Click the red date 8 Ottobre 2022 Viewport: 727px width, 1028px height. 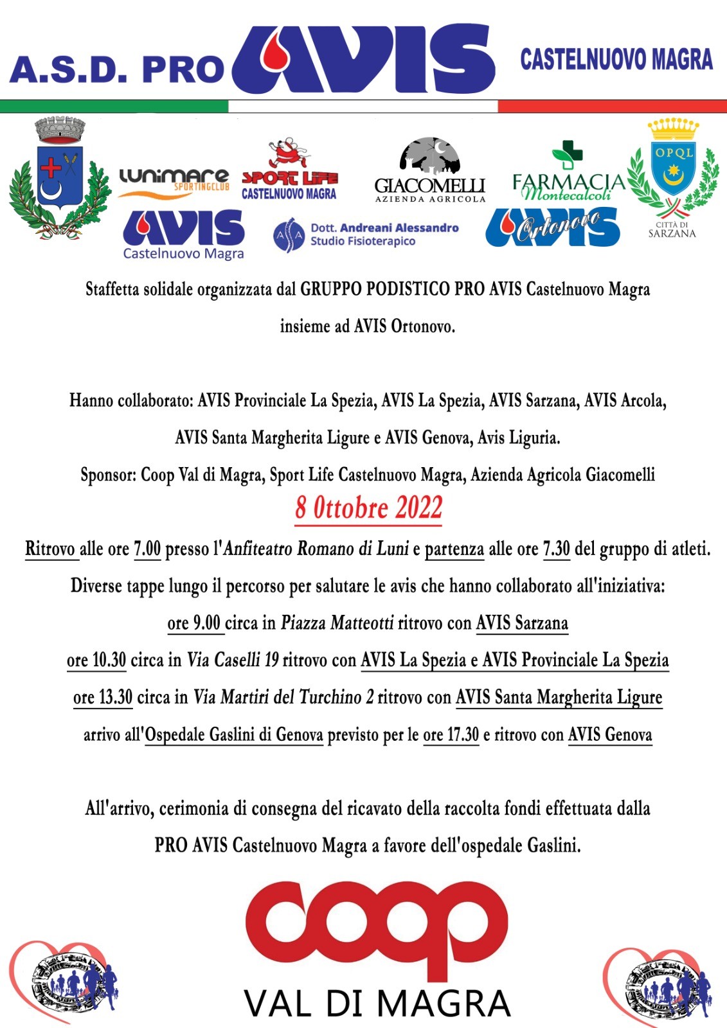pos(368,508)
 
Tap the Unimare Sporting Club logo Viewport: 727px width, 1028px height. pos(174,182)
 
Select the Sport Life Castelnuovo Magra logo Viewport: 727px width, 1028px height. pos(289,170)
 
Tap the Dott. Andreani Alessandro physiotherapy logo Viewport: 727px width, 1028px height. pos(366,235)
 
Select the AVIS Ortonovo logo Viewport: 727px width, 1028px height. pos(552,227)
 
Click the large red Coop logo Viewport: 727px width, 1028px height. pos(377,930)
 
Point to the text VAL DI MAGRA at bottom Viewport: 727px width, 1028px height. pos(377,1004)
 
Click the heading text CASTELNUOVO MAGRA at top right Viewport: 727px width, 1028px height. pos(616,60)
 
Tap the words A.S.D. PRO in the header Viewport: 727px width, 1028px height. pos(116,70)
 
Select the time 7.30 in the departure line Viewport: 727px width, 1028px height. pos(557,549)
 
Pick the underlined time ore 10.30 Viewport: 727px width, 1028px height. pos(96,660)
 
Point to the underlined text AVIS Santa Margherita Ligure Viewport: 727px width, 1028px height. pos(559,698)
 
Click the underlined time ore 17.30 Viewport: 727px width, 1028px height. pos(451,734)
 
